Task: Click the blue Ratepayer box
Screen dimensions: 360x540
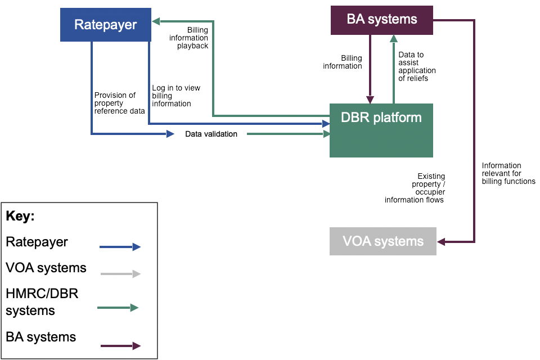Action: pos(106,24)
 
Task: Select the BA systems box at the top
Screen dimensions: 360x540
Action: pos(381,20)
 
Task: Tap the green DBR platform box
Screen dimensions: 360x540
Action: pos(381,130)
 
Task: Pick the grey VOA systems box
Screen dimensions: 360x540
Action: pos(382,241)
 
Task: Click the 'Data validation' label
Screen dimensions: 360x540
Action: pos(211,134)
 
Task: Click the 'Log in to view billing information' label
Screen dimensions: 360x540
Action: pos(175,96)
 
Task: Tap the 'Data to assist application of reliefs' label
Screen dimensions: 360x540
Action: pos(417,66)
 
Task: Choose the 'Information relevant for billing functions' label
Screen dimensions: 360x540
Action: pos(508,173)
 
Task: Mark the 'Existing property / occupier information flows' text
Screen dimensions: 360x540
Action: pos(415,188)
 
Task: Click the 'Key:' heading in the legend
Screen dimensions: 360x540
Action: pos(20,217)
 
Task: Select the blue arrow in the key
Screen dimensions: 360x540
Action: pos(120,246)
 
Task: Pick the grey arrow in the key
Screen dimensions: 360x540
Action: pos(120,274)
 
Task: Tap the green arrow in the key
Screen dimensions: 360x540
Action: pos(118,308)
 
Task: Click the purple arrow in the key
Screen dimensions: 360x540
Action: pos(120,346)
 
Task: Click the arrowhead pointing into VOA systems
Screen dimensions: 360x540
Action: pos(441,242)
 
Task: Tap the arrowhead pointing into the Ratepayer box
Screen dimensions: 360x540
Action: pos(156,21)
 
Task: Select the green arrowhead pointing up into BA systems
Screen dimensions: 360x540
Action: pos(394,38)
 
